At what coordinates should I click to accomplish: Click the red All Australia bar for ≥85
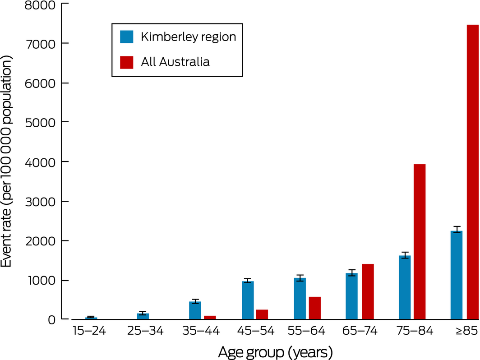click(x=472, y=171)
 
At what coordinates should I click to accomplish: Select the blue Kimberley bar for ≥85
click(x=456, y=275)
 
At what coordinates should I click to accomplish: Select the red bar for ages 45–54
click(x=262, y=314)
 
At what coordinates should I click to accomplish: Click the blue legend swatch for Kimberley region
click(x=126, y=37)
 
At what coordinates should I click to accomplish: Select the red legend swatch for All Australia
click(x=126, y=61)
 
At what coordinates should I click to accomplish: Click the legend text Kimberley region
click(x=188, y=37)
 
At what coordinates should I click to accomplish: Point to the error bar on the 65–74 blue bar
click(x=352, y=272)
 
